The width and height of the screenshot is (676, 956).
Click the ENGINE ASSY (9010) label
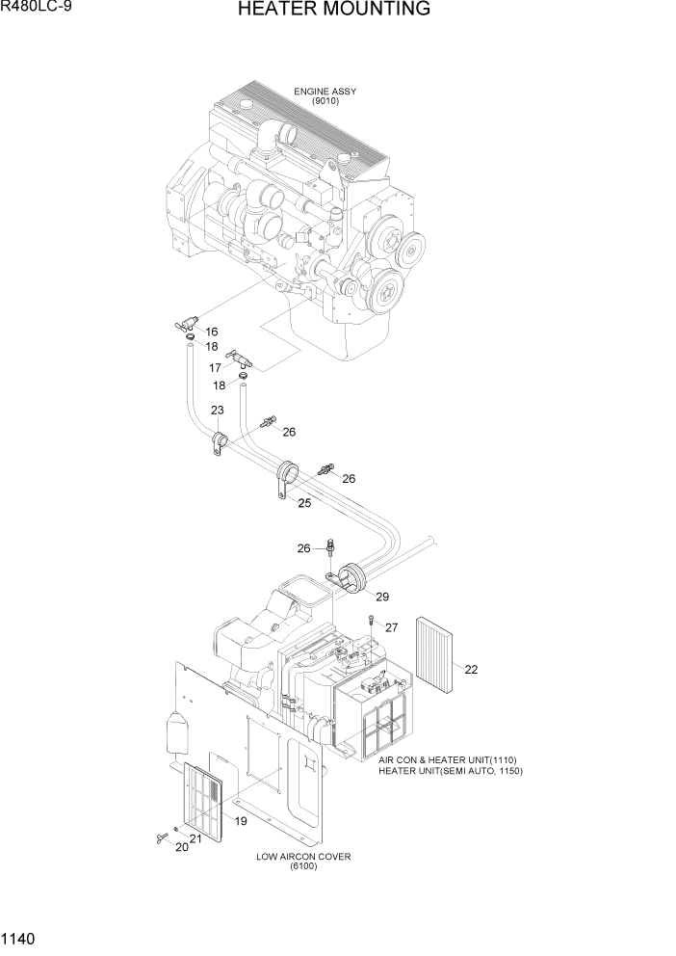point(325,96)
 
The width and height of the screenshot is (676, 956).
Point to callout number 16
point(211,332)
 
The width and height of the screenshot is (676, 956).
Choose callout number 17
point(216,367)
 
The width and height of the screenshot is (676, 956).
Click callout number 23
point(218,410)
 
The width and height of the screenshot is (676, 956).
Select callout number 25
point(303,502)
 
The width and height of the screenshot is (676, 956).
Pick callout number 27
point(391,627)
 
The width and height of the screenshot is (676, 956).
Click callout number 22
point(471,669)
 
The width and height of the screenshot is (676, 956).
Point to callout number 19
point(241,821)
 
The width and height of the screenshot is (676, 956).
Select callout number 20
point(181,846)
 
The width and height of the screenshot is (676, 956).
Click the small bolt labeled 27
point(370,622)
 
